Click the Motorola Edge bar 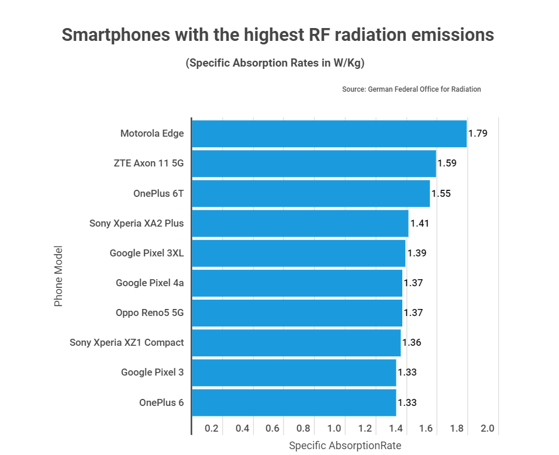329,134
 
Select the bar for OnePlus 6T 310,193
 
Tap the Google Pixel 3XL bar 298,253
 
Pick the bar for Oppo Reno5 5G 297,312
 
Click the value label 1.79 478,133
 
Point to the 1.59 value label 447,163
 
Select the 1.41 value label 420,223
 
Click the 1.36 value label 412,342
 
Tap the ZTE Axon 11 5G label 149,163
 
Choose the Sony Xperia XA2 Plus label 136,223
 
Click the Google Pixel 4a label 150,283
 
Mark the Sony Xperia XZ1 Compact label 127,342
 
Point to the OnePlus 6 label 161,402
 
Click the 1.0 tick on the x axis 334,428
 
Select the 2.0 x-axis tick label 487,428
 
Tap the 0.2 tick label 211,428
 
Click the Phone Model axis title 58,276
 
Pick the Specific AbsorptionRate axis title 345,446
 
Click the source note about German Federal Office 412,89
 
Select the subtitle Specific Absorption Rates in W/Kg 275,63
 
